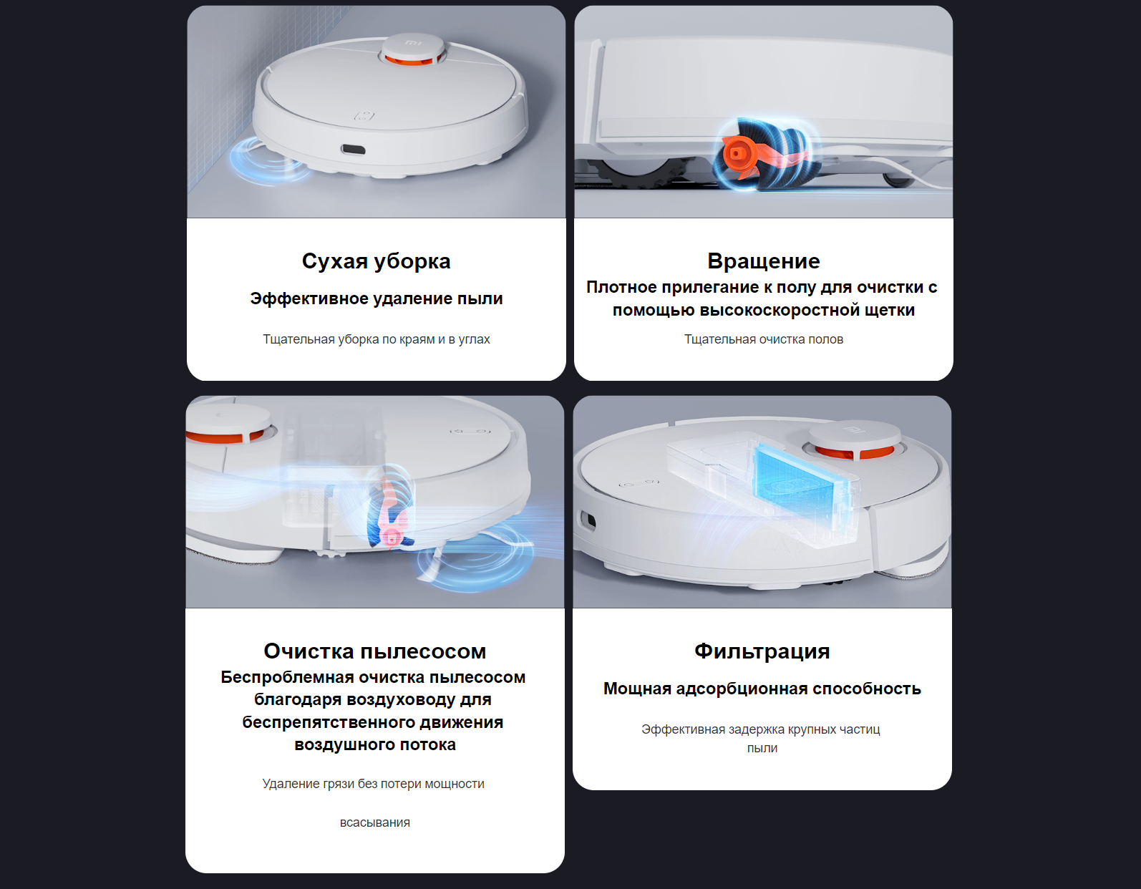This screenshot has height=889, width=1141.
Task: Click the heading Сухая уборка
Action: coord(376,261)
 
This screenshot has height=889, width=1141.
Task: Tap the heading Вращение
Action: coord(764,261)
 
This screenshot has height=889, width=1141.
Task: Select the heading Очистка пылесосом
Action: coord(375,651)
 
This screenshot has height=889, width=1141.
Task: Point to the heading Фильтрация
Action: coord(762,651)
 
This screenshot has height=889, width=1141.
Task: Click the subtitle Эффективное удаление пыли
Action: coord(376,298)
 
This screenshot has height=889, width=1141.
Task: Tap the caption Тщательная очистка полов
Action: coord(764,339)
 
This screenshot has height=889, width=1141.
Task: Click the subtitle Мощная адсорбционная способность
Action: coord(762,689)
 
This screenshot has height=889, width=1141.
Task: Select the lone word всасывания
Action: coord(375,822)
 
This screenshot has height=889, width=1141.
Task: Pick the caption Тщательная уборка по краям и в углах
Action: coord(376,339)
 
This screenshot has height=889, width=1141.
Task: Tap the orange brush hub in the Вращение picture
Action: coord(736,153)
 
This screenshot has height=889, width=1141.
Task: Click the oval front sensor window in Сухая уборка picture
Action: coord(353,150)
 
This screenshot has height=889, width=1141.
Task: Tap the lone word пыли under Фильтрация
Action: coord(762,749)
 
